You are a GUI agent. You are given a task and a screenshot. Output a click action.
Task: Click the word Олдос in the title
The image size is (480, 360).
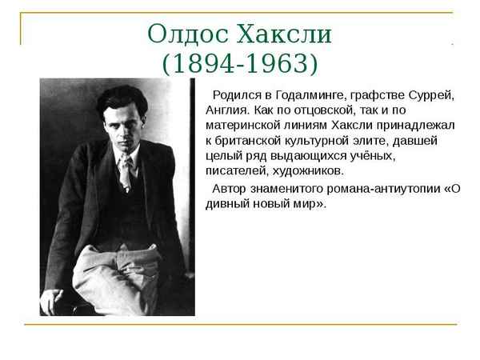tap(185, 34)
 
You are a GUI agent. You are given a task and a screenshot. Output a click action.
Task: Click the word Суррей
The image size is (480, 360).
tap(432, 96)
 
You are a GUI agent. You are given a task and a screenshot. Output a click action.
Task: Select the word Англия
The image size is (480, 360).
tap(228, 111)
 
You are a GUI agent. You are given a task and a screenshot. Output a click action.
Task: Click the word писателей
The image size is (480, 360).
tap(240, 171)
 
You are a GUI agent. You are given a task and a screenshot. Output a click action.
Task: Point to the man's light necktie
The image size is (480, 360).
tap(125, 172)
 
